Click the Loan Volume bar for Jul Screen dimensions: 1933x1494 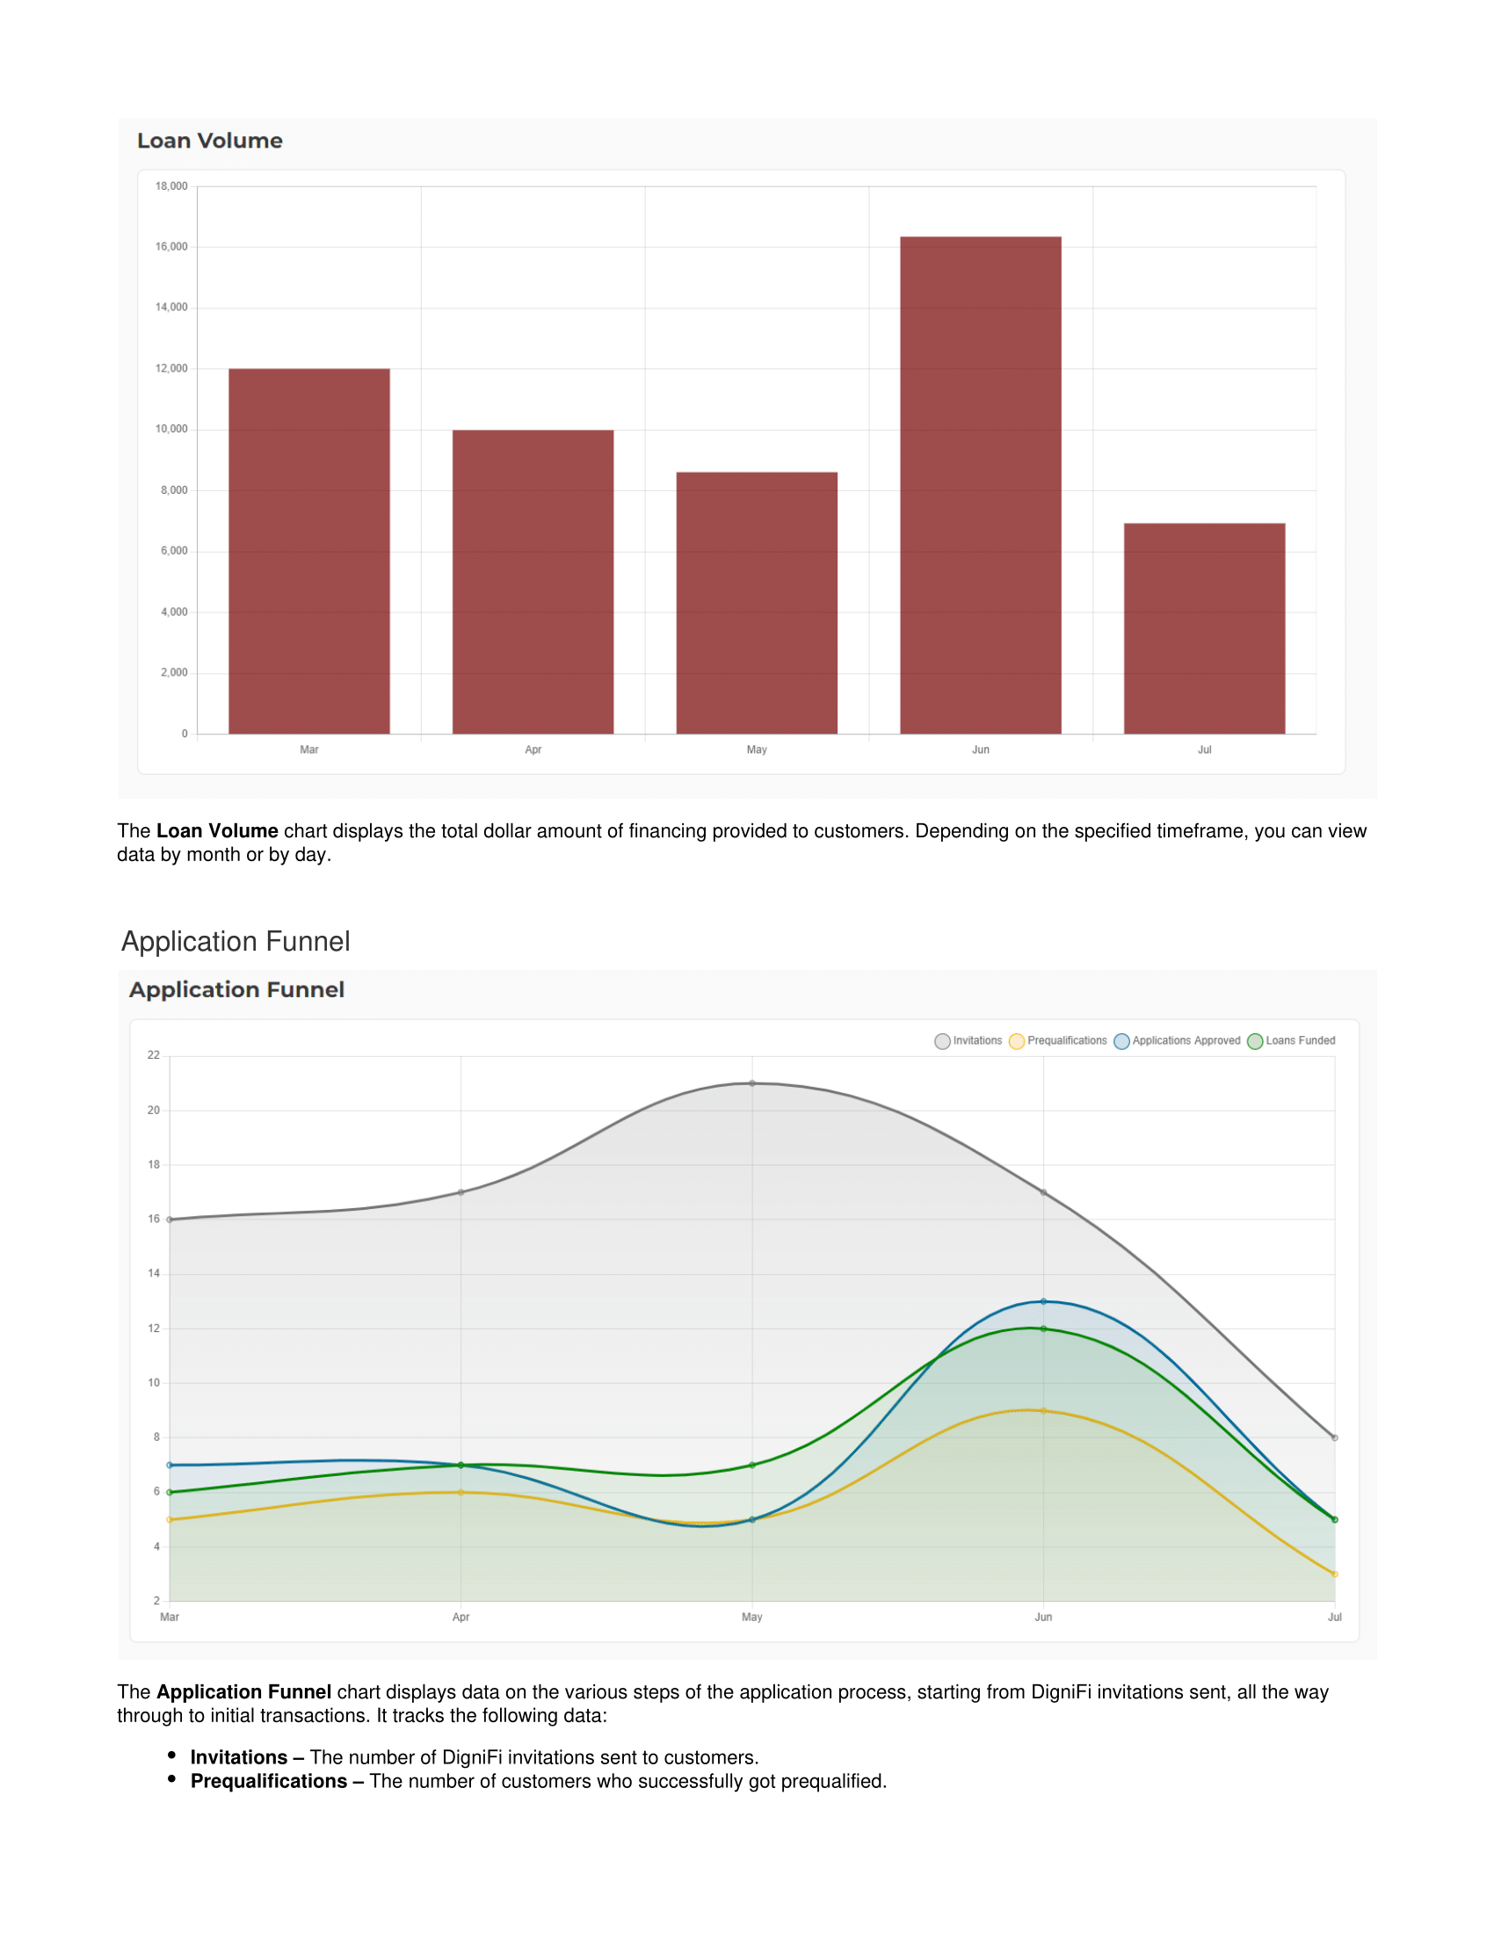pos(1204,628)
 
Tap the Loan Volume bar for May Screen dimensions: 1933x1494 pos(756,603)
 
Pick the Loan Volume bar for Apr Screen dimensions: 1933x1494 pos(532,582)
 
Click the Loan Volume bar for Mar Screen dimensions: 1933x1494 pos(308,551)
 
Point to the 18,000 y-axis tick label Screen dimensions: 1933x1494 pos(170,186)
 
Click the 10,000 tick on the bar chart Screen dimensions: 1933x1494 pos(170,430)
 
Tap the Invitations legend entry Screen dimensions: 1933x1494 pos(968,1041)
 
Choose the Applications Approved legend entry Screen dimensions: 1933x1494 pos(1177,1041)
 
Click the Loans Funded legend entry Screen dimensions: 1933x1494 pos(1291,1041)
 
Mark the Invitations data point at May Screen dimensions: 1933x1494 pos(752,1083)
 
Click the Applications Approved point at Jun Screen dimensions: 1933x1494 pos(1043,1302)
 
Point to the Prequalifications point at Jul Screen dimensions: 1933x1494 pos(1335,1575)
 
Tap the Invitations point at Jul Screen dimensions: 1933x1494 pos(1335,1438)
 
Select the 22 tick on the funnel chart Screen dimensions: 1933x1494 pos(154,1055)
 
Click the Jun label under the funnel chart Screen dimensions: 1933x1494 pos(1043,1617)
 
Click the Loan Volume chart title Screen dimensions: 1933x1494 pos(210,141)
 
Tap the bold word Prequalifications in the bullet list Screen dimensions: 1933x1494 pos(268,1781)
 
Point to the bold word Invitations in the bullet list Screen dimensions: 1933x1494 pos(238,1757)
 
